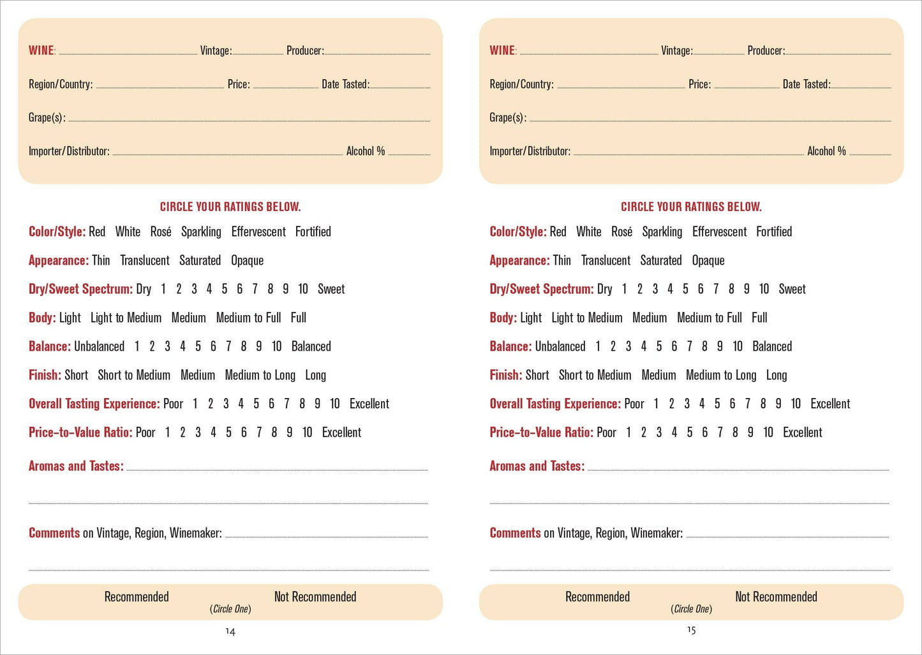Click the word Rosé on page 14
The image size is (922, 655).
coord(161,232)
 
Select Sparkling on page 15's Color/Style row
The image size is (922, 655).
coord(662,232)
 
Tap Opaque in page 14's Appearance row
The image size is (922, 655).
coord(247,260)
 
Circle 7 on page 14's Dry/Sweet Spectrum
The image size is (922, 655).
coord(255,289)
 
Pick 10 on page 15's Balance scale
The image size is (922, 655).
coord(738,346)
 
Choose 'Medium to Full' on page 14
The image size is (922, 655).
coord(248,318)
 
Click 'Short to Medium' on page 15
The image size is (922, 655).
coord(595,375)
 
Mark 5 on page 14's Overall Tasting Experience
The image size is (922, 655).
coord(256,404)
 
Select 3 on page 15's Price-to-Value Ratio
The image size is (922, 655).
coord(658,432)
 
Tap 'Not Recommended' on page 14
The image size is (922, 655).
coord(315,597)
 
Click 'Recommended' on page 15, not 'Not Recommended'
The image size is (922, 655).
coord(597,597)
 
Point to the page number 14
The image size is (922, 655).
coord(230,631)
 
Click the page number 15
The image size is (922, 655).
coord(691,630)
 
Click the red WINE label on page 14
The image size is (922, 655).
coord(41,50)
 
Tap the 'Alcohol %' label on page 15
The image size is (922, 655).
coord(826,151)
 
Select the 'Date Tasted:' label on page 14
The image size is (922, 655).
coord(345,84)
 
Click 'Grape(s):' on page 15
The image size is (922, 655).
coord(508,117)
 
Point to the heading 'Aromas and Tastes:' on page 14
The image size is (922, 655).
coord(76,466)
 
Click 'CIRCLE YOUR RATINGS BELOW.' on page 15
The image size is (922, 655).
coord(691,207)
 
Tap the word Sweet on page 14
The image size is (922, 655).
coord(331,289)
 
